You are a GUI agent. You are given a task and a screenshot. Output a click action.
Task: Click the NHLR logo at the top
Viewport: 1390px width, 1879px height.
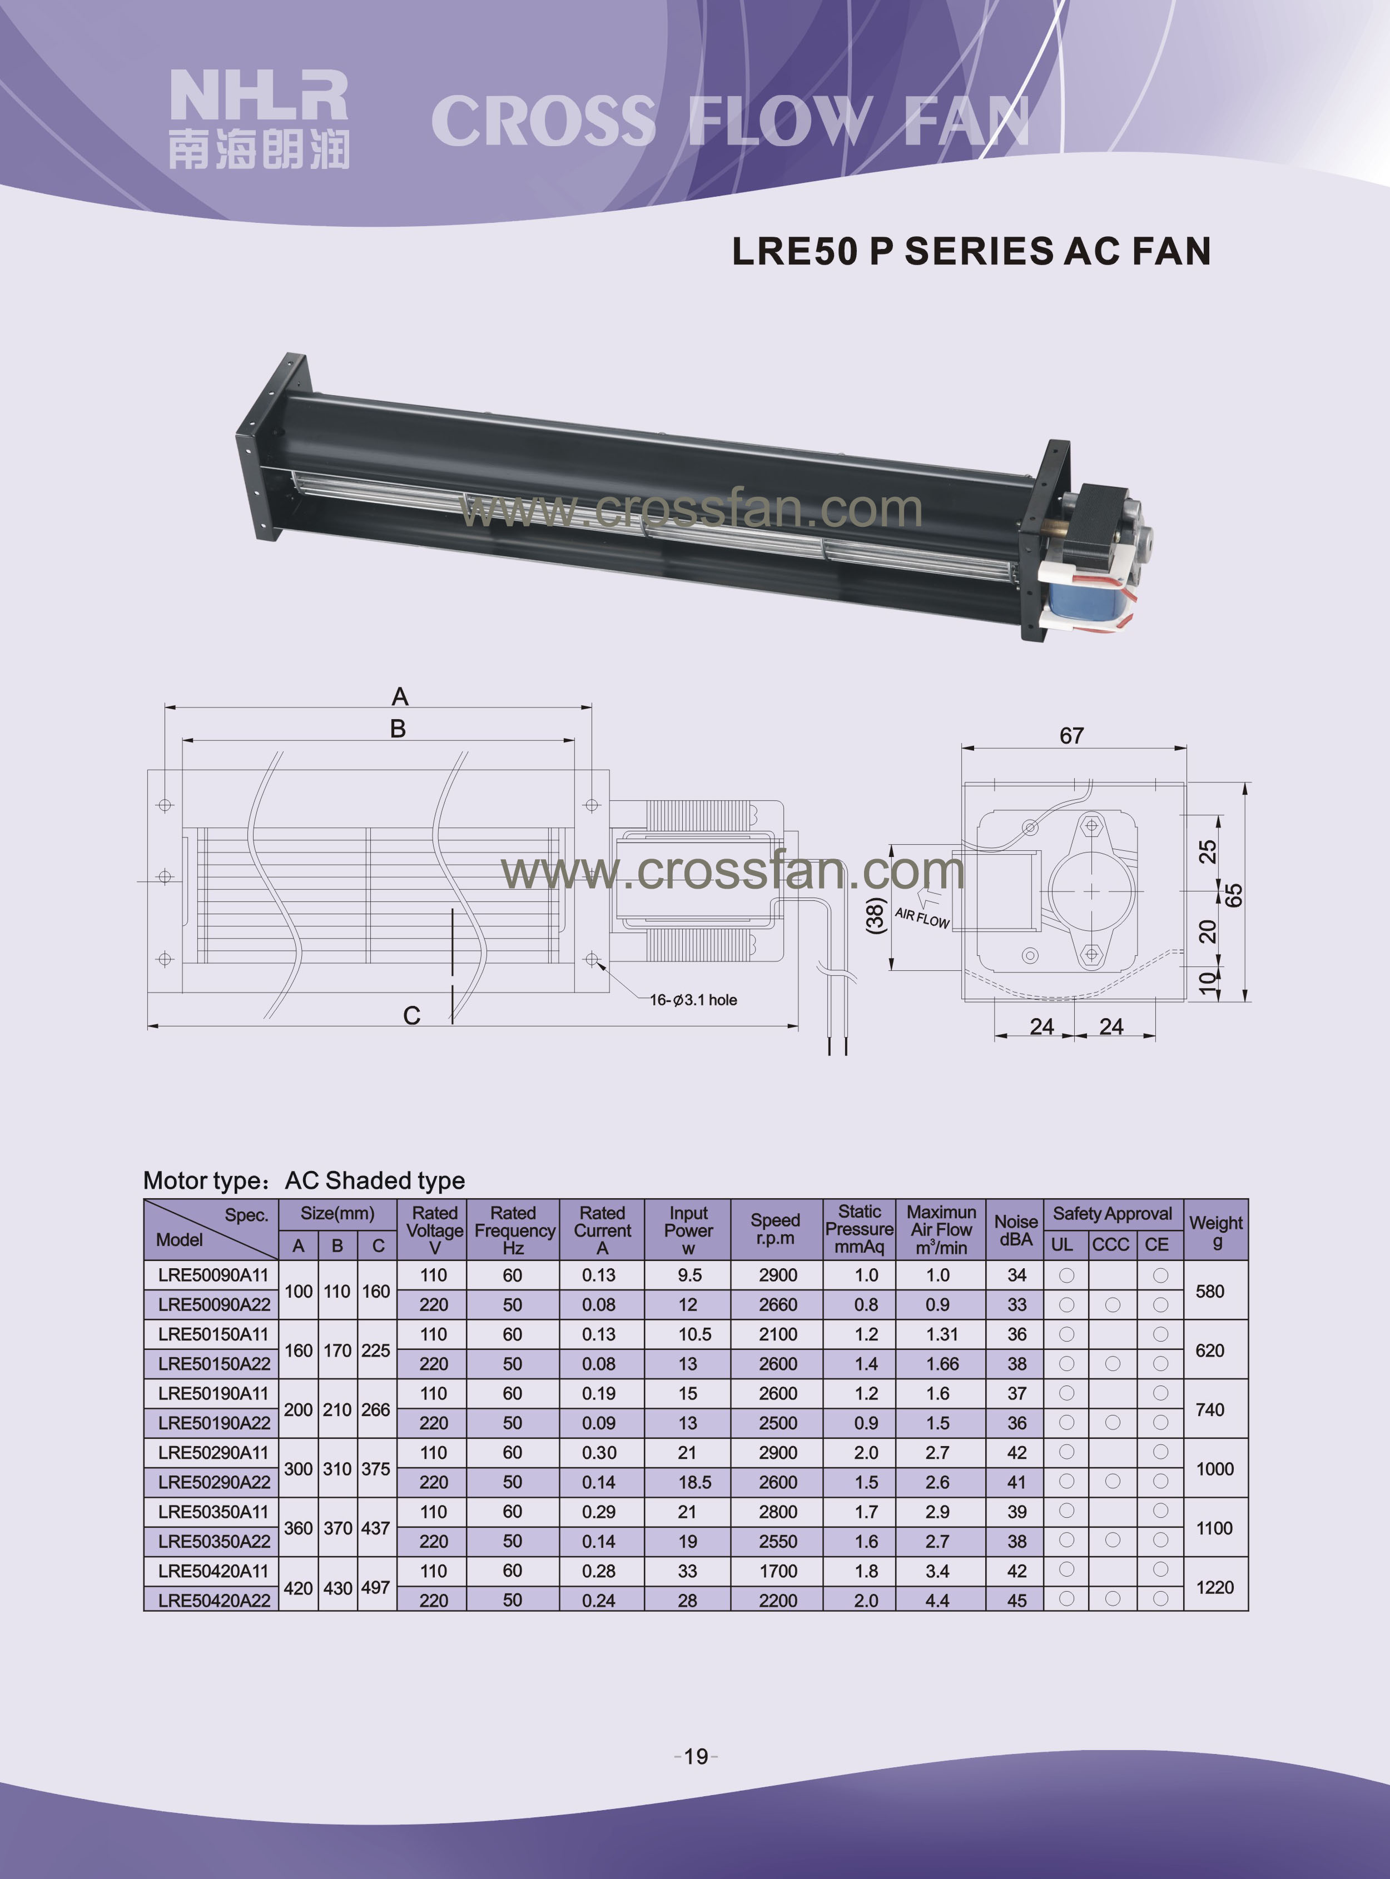point(259,118)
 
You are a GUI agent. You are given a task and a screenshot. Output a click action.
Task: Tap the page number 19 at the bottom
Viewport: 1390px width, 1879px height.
point(696,1756)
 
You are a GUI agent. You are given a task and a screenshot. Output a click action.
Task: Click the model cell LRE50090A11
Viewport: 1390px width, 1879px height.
point(213,1275)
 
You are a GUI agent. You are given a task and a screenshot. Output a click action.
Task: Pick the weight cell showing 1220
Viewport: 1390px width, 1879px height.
point(1215,1587)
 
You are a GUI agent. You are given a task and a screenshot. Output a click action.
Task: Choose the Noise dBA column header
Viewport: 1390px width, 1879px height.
point(1016,1230)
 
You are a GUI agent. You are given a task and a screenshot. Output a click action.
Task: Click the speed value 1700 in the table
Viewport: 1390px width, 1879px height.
point(777,1571)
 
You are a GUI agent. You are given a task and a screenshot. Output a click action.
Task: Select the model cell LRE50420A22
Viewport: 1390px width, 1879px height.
point(214,1600)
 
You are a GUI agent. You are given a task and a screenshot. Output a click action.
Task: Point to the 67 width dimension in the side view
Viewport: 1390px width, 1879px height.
point(1071,736)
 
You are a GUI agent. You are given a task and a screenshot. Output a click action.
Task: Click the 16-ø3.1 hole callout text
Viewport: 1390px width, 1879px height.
point(693,1000)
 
